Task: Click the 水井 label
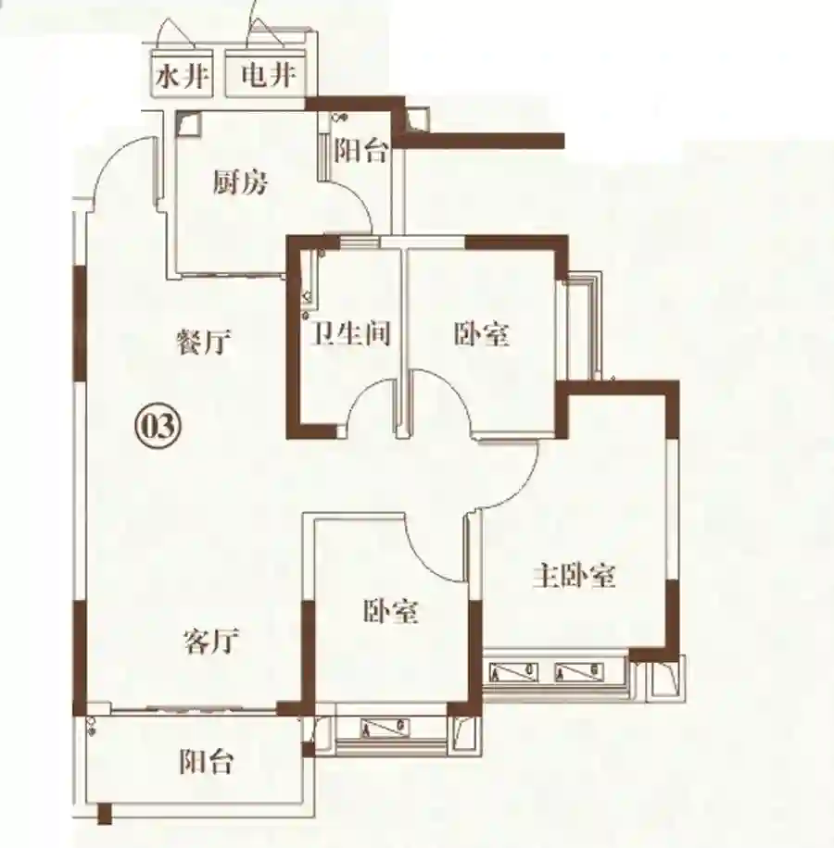click(x=182, y=77)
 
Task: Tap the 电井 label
click(x=269, y=75)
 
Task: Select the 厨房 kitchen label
click(x=239, y=181)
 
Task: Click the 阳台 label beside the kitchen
click(x=360, y=150)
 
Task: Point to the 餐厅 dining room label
click(x=204, y=342)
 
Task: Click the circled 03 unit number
click(x=158, y=426)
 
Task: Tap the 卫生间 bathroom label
click(x=350, y=332)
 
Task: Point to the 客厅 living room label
click(x=211, y=641)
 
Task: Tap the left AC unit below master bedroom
click(x=513, y=672)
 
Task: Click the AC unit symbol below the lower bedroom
click(x=385, y=728)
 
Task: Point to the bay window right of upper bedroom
click(x=582, y=327)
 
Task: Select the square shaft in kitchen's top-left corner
click(x=188, y=123)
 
